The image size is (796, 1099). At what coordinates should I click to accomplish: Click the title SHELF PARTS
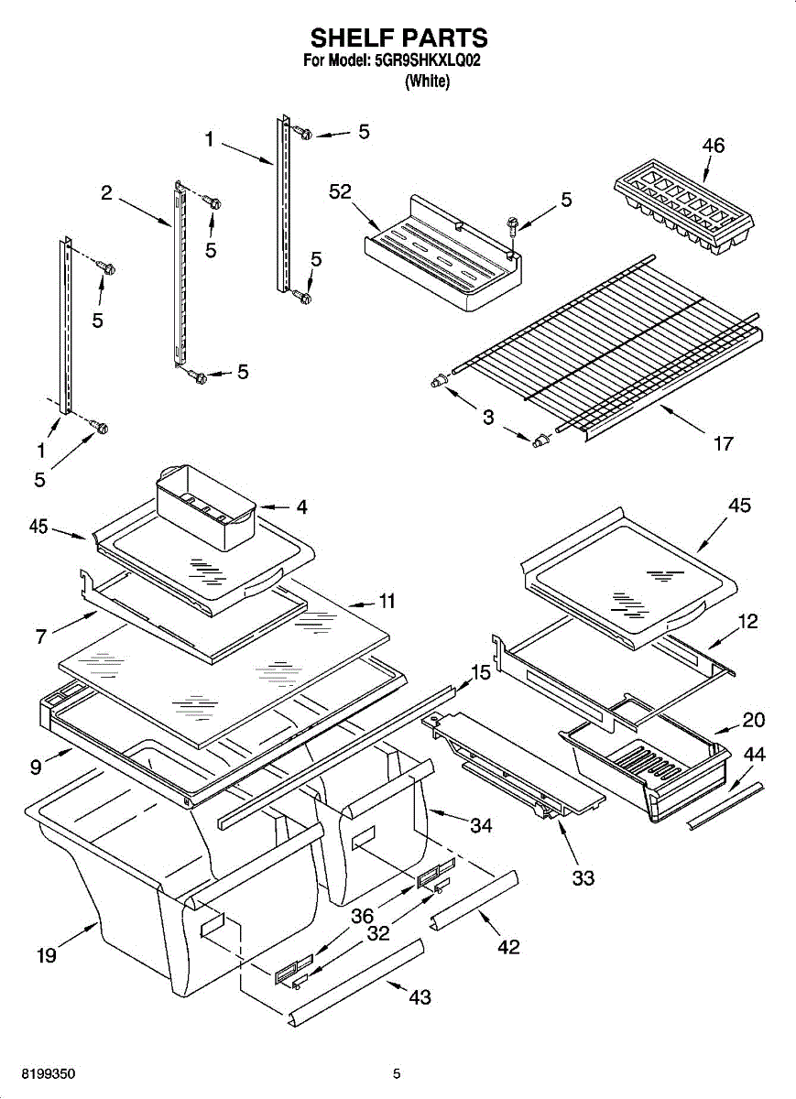[x=399, y=38]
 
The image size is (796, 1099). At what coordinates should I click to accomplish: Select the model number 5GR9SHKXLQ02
[x=427, y=60]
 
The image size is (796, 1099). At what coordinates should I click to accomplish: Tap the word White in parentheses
[x=427, y=81]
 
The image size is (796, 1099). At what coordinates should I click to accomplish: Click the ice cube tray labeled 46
[x=683, y=206]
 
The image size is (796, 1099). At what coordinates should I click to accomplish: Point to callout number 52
[x=340, y=191]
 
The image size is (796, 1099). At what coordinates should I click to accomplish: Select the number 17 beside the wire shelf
[x=723, y=443]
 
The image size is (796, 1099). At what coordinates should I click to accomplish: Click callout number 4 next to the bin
[x=301, y=506]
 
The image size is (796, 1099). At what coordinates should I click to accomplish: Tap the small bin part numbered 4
[x=206, y=506]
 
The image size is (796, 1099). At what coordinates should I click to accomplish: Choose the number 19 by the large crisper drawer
[x=47, y=955]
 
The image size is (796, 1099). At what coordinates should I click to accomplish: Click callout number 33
[x=583, y=877]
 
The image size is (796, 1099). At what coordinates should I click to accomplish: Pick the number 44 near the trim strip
[x=754, y=754]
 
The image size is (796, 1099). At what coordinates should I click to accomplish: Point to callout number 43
[x=420, y=997]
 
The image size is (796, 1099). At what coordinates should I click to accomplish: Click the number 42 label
[x=508, y=947]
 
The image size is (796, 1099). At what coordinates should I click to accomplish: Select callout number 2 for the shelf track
[x=106, y=193]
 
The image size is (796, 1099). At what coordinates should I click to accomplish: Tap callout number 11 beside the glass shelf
[x=387, y=601]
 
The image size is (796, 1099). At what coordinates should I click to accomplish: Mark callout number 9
[x=36, y=767]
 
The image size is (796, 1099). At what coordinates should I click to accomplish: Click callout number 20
[x=754, y=720]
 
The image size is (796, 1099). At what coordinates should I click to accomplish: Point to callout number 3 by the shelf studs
[x=488, y=417]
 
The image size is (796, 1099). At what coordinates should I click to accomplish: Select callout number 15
[x=481, y=672]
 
